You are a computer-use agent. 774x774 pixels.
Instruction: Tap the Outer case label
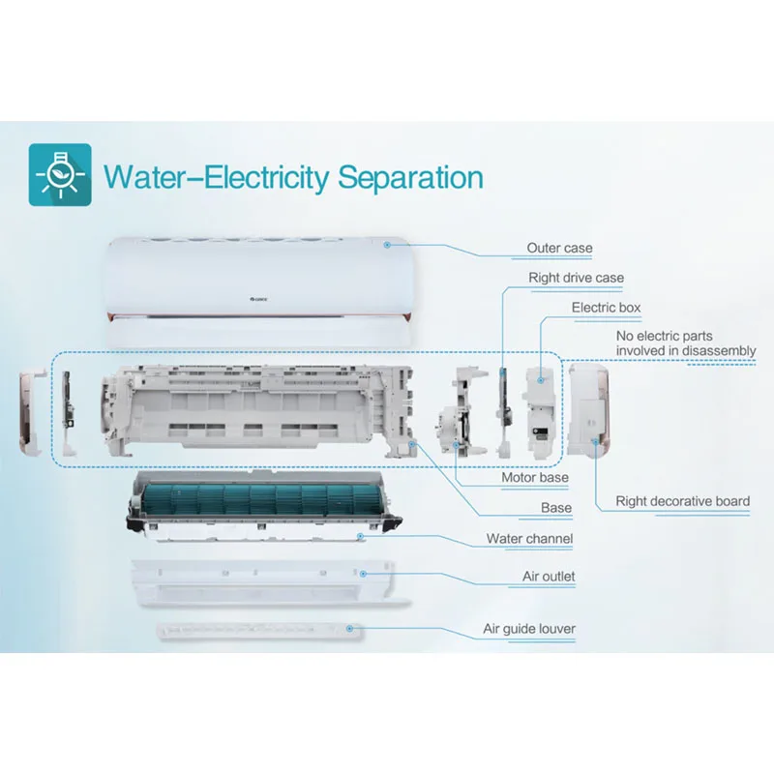(559, 249)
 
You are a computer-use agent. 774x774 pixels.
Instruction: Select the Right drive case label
(576, 279)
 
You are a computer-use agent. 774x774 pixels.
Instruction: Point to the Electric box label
(606, 308)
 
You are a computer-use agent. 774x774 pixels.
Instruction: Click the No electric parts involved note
(686, 343)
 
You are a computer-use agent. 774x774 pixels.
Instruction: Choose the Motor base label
(534, 478)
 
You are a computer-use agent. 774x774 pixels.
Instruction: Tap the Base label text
(556, 508)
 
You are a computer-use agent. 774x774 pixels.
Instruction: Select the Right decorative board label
(682, 501)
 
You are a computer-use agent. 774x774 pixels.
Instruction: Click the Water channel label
(529, 538)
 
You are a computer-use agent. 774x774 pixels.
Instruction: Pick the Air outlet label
(549, 577)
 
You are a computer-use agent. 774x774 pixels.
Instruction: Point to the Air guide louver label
(529, 629)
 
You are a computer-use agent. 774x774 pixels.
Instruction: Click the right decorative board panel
(589, 411)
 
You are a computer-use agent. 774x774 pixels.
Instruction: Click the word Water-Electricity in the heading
(219, 178)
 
